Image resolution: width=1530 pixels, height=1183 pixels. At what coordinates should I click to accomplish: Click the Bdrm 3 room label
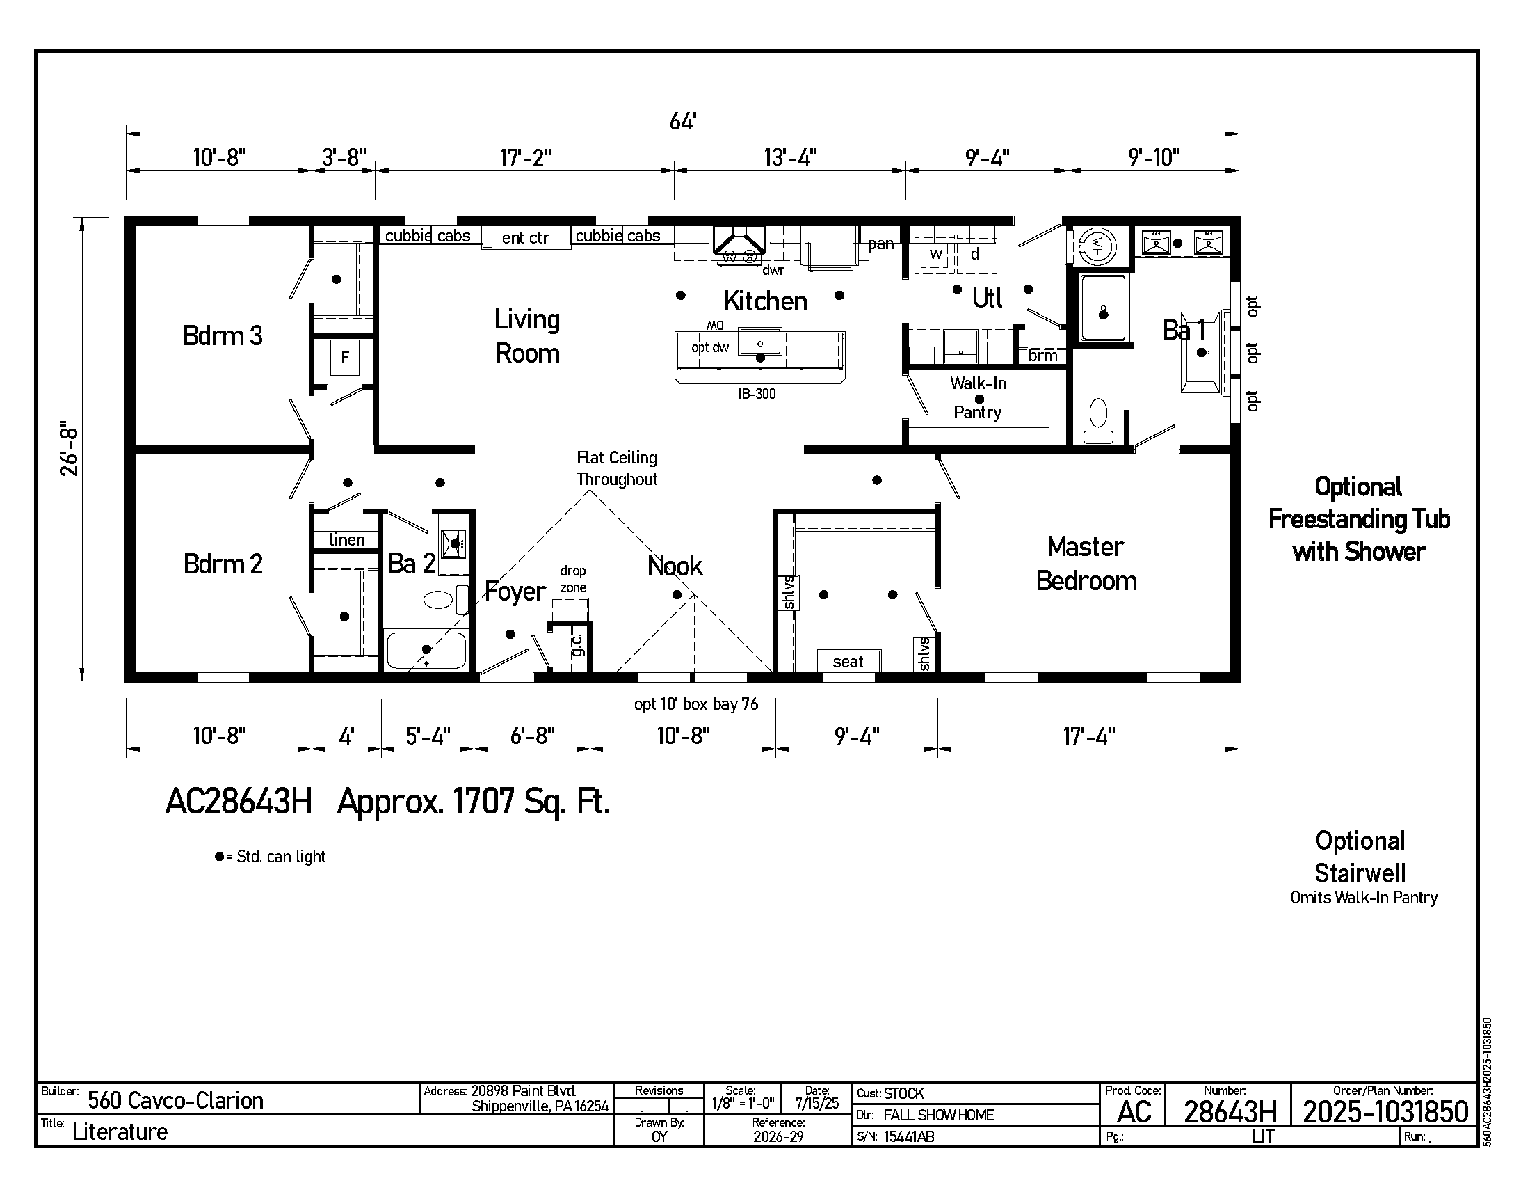tap(223, 335)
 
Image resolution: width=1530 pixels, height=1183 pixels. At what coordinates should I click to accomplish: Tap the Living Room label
tap(528, 336)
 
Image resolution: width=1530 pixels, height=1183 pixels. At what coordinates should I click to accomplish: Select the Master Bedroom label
tap(1086, 564)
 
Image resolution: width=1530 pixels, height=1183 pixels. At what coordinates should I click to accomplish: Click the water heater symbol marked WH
tap(1096, 246)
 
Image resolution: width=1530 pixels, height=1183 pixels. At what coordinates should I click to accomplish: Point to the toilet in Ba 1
tap(1098, 420)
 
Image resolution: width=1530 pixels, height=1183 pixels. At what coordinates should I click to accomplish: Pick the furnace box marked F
tap(345, 358)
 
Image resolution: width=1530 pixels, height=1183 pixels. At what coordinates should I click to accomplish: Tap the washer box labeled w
tap(935, 255)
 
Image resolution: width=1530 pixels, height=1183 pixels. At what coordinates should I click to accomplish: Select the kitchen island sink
tap(760, 342)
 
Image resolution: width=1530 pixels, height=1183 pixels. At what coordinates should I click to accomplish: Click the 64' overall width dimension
tap(682, 122)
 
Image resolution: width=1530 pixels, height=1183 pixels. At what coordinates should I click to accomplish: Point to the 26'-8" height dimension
tap(70, 449)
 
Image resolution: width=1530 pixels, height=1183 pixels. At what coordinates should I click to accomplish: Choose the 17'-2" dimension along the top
tap(525, 158)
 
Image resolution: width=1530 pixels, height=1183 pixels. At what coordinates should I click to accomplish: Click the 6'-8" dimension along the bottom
tap(533, 736)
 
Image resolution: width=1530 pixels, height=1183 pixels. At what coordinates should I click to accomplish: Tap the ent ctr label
tap(525, 237)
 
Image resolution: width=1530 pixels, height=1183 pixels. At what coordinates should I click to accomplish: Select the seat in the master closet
tap(849, 661)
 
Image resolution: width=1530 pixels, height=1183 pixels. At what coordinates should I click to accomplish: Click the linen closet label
tap(347, 539)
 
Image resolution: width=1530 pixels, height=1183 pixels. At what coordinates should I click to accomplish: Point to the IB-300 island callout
tap(757, 394)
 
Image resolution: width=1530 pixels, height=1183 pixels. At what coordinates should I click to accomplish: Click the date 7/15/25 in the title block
tap(817, 1103)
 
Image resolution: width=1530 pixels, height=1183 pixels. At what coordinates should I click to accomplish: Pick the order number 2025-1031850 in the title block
tap(1385, 1112)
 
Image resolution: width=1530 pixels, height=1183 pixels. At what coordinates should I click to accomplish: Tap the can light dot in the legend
tap(219, 857)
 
